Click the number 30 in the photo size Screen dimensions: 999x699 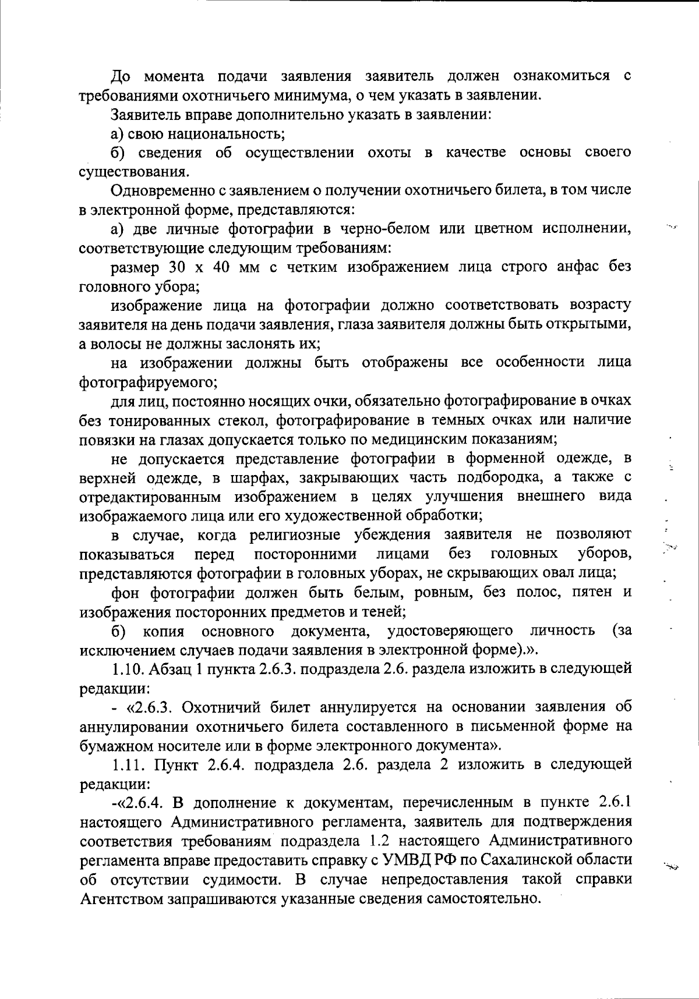click(178, 267)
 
